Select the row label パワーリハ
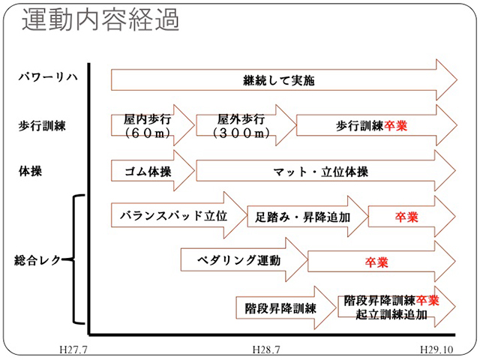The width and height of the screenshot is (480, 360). pos(44,79)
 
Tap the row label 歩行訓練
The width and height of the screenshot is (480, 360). pos(40,126)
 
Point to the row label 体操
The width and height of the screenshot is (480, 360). pos(31,171)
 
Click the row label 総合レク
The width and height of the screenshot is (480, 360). pos(37,260)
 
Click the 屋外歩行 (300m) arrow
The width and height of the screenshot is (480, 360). pos(241,126)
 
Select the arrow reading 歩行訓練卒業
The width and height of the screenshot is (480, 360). pos(371,126)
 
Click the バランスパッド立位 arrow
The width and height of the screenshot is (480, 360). pos(174,216)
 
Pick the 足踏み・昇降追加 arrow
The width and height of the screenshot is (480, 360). pos(304,217)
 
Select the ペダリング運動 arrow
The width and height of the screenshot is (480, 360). pos(240,261)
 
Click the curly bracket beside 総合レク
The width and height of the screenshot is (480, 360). pos(76,259)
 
